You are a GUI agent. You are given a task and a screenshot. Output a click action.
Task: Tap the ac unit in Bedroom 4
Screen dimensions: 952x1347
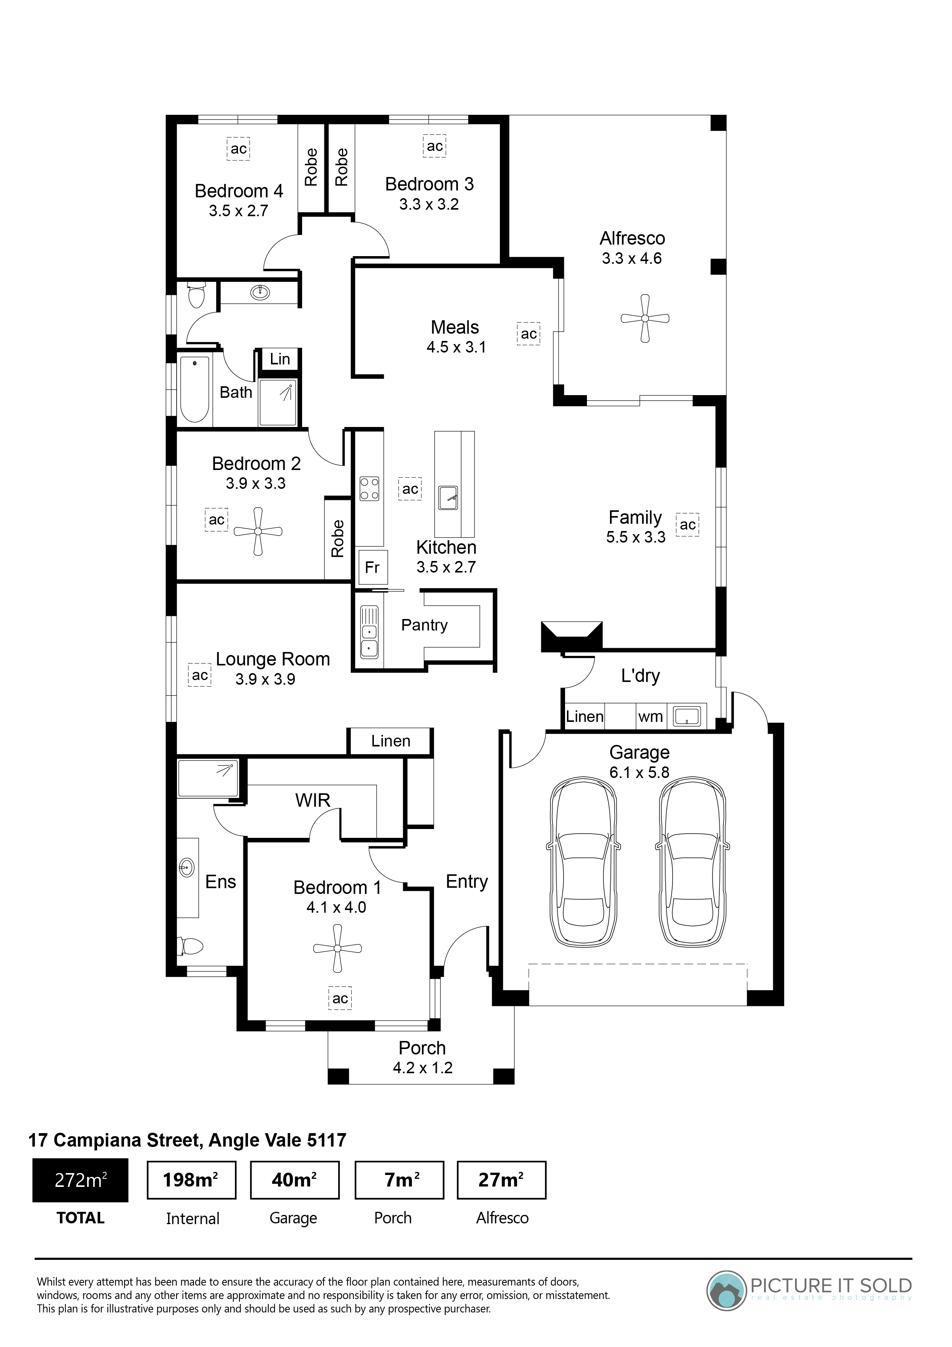click(239, 149)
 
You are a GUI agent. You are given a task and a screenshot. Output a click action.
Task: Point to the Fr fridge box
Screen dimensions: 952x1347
click(372, 567)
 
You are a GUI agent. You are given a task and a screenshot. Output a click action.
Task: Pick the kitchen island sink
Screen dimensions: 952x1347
click(448, 498)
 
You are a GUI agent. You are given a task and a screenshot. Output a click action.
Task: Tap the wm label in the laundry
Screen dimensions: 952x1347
click(651, 717)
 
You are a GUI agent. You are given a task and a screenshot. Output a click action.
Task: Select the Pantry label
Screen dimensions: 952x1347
click(424, 626)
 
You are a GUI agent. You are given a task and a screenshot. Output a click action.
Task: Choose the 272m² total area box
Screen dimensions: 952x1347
click(80, 1180)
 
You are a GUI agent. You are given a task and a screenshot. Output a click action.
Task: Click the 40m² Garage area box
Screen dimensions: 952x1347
click(294, 1180)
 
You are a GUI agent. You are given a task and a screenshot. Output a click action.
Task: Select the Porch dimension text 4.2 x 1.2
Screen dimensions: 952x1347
click(422, 1068)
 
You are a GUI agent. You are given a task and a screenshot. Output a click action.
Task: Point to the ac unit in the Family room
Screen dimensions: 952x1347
click(688, 525)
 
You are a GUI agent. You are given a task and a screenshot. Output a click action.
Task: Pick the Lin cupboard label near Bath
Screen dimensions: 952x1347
click(280, 359)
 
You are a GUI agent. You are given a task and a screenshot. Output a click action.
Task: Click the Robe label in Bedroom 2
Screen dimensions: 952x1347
click(337, 539)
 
